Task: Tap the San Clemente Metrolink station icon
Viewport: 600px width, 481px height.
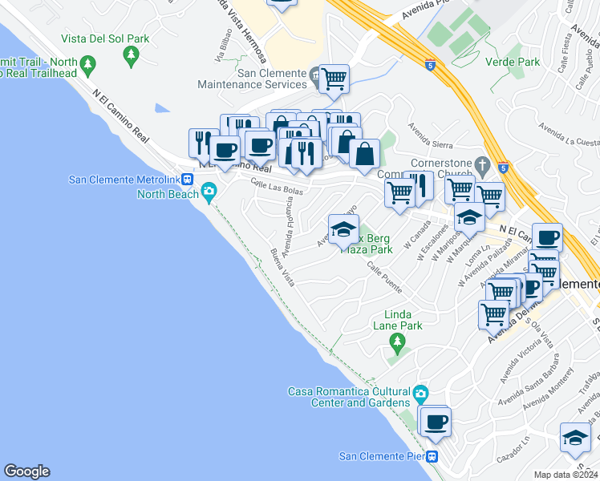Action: pyautogui.click(x=187, y=179)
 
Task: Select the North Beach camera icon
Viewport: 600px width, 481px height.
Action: pyautogui.click(x=209, y=191)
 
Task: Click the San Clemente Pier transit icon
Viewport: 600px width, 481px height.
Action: pyautogui.click(x=432, y=457)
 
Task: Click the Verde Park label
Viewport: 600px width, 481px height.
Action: pyautogui.click(x=517, y=62)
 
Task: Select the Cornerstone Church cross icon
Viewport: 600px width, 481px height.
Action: pyautogui.click(x=481, y=165)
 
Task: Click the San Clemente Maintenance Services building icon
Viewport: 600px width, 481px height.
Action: pyautogui.click(x=315, y=78)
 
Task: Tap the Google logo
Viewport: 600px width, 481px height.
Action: pyautogui.click(x=26, y=471)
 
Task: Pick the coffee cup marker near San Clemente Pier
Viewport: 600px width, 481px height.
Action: pyautogui.click(x=436, y=422)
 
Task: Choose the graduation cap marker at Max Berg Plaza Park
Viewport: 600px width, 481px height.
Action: pyautogui.click(x=343, y=229)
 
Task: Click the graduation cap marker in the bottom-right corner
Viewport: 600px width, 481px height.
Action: pyautogui.click(x=575, y=437)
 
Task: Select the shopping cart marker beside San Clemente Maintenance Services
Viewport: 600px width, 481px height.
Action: pyautogui.click(x=334, y=79)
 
